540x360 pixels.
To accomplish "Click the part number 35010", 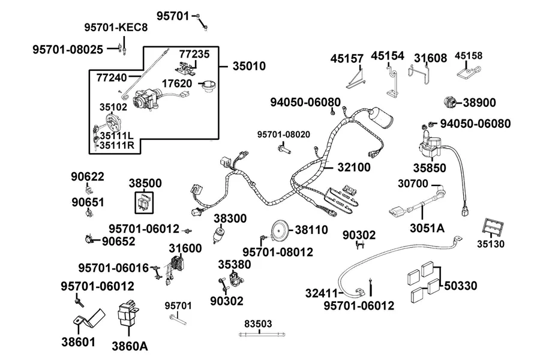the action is click(x=249, y=66).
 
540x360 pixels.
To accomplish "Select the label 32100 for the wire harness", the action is click(x=354, y=167).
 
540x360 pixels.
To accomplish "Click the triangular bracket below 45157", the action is click(x=356, y=80).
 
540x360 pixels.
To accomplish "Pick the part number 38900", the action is click(x=479, y=103).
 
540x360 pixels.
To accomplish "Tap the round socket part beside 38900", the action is click(x=450, y=102).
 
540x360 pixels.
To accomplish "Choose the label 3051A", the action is click(x=427, y=228).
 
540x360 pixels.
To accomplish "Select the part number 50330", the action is click(x=460, y=286).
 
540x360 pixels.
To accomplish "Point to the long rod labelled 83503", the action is click(x=262, y=334).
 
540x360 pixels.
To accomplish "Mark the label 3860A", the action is click(x=130, y=346).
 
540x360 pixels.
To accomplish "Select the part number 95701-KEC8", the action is click(x=116, y=27).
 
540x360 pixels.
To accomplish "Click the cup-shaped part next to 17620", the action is click(x=209, y=86).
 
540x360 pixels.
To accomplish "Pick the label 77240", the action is click(x=112, y=77).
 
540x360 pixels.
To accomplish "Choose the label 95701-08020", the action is click(x=283, y=134).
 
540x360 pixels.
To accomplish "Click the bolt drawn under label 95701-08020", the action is click(x=284, y=149).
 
